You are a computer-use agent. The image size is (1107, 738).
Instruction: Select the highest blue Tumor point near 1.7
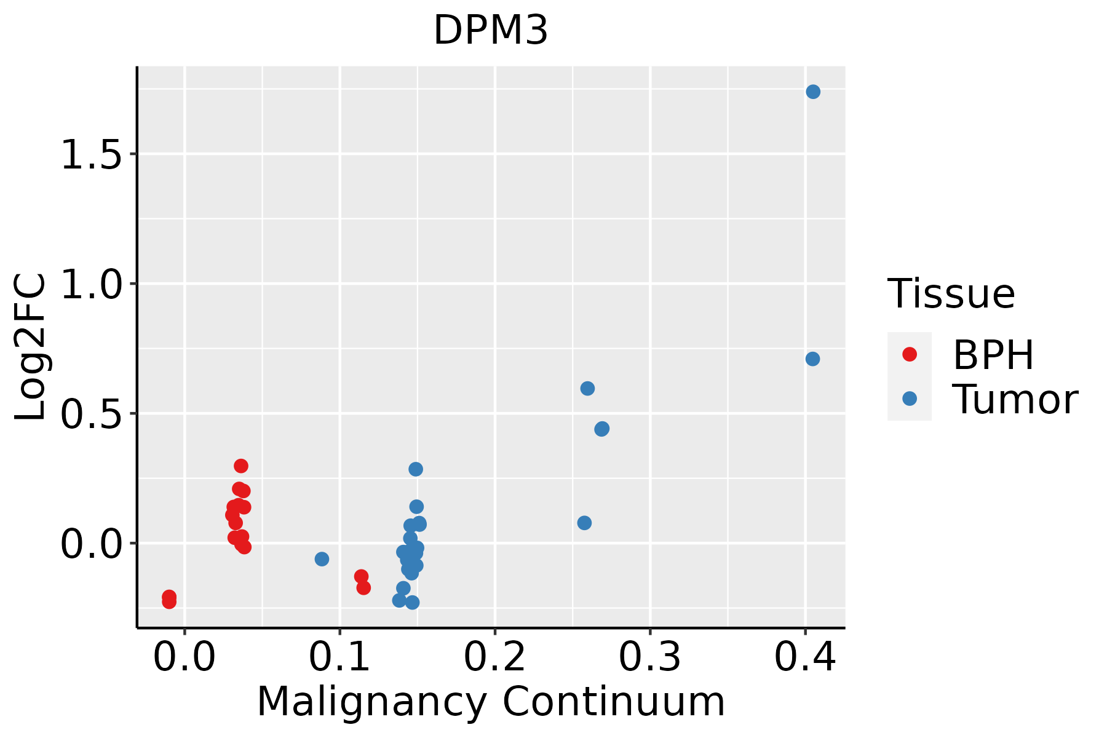pyautogui.click(x=813, y=92)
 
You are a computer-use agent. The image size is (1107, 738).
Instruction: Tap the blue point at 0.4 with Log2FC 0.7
pyautogui.click(x=812, y=359)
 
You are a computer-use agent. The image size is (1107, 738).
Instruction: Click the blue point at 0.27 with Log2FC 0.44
pyautogui.click(x=602, y=429)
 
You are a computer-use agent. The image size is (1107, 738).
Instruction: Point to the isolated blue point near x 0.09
pyautogui.click(x=322, y=559)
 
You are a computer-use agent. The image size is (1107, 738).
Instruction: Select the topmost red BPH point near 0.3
pyautogui.click(x=241, y=466)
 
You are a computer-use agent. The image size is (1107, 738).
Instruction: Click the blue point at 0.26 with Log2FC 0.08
pyautogui.click(x=584, y=523)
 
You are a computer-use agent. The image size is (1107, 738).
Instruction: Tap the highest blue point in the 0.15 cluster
pyautogui.click(x=416, y=469)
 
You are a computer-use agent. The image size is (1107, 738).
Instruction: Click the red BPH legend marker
pyautogui.click(x=909, y=354)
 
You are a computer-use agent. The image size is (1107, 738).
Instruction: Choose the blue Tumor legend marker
pyautogui.click(x=909, y=399)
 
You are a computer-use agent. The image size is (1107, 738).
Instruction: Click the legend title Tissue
pyautogui.click(x=951, y=294)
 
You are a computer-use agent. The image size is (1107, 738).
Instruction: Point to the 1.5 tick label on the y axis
pyautogui.click(x=91, y=154)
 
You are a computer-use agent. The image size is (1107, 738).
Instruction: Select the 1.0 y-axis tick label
pyautogui.click(x=91, y=284)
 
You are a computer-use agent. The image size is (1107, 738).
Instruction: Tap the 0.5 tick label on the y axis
pyautogui.click(x=91, y=414)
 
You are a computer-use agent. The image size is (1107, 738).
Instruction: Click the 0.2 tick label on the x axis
pyautogui.click(x=494, y=657)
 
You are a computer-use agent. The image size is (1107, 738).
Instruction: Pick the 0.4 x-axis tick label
pyautogui.click(x=804, y=657)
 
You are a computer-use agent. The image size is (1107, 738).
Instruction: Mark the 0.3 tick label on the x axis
pyautogui.click(x=649, y=657)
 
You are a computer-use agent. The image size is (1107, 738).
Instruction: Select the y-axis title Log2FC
pyautogui.click(x=31, y=347)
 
